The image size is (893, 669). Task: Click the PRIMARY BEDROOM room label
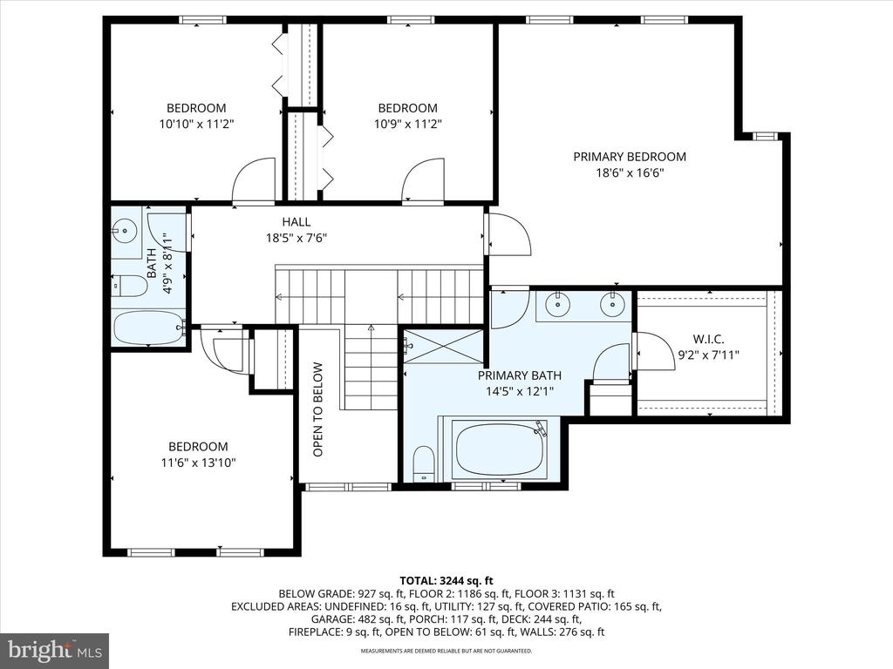coord(630,157)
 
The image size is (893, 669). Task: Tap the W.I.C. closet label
coord(708,340)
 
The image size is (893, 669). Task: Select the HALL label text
coord(297,222)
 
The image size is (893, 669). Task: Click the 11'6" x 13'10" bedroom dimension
coord(198,463)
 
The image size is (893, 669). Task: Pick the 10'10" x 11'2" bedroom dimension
coord(196,124)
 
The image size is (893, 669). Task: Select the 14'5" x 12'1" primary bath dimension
coord(520,391)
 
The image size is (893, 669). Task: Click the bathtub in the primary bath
coord(500,449)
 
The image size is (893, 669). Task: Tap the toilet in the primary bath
coord(423,463)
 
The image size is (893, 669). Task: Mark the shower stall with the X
coord(444,345)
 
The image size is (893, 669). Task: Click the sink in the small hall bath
coord(124,230)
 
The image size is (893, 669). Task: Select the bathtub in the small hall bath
coord(149,328)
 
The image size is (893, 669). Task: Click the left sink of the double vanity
coord(557,305)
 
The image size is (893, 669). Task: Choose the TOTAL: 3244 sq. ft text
coord(446,581)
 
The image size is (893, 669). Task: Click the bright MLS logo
coord(55,650)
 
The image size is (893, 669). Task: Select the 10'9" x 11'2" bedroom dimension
coord(408,124)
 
